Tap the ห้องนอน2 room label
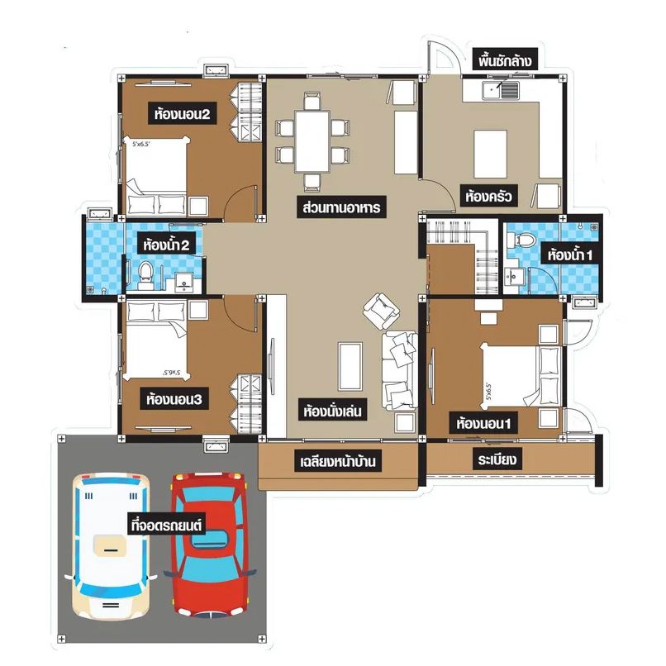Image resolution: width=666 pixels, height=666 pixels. tap(183, 114)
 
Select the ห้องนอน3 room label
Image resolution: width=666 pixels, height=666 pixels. tap(174, 400)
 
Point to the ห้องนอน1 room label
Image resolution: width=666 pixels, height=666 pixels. tap(483, 423)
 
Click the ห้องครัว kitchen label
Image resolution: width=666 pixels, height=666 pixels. tap(488, 197)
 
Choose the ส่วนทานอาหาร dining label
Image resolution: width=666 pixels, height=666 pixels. tap(341, 208)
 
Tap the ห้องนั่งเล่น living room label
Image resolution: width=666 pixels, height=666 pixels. tap(332, 411)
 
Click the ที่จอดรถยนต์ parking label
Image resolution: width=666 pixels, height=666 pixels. tap(166, 525)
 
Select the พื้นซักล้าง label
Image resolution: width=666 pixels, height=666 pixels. tap(505, 61)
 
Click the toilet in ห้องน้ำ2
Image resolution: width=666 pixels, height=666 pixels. tap(145, 275)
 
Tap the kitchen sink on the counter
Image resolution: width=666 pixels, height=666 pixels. tap(501, 90)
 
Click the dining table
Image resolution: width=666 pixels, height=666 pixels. tap(312, 141)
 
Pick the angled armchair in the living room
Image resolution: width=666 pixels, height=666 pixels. tap(381, 311)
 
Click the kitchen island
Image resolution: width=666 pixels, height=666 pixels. tap(491, 155)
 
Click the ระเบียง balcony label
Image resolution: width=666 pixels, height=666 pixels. tap(497, 459)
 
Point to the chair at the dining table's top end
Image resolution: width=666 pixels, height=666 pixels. tap(312, 101)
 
